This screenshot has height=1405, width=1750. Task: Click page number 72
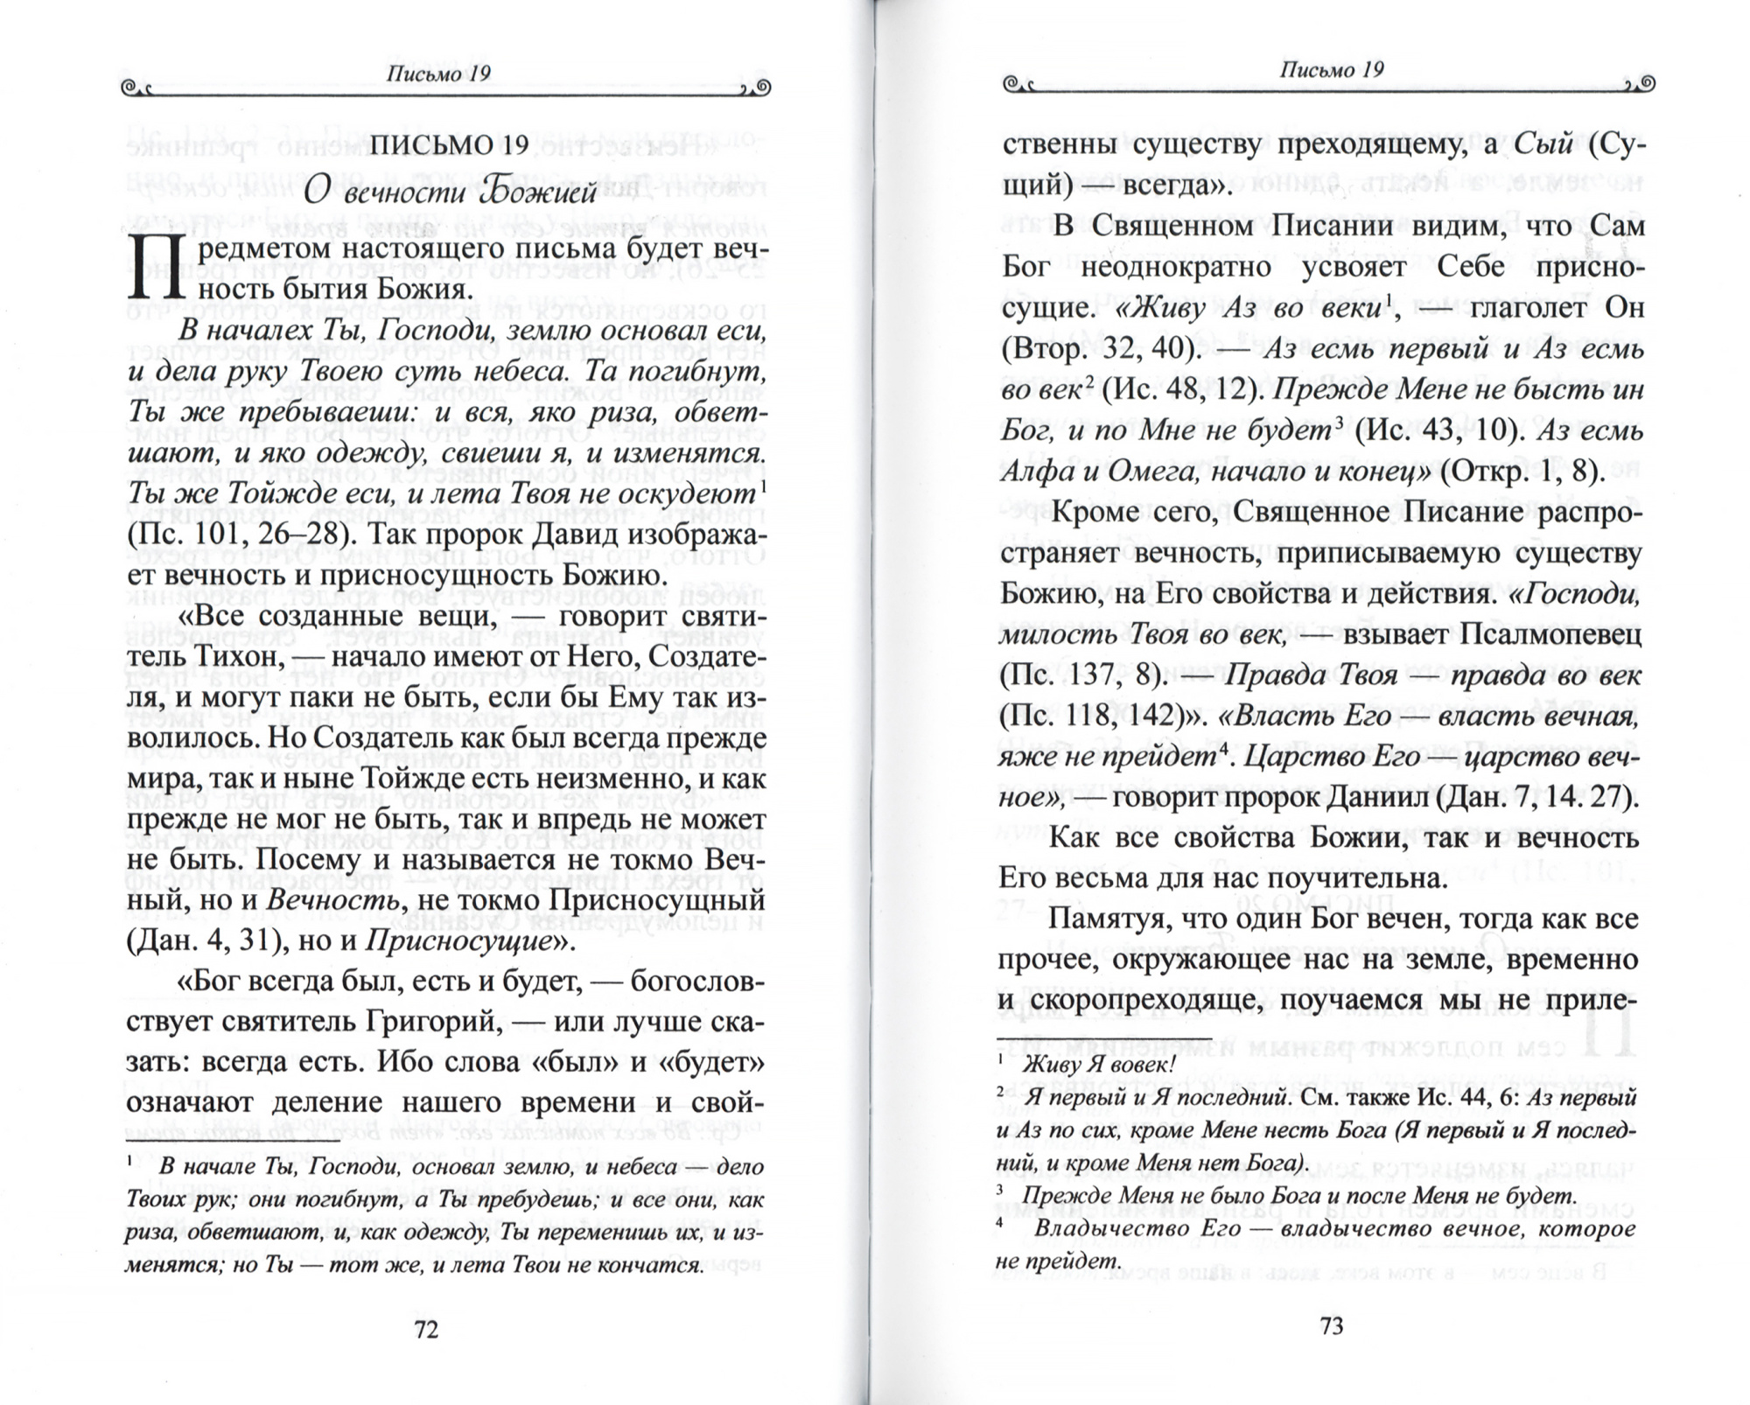click(x=425, y=1331)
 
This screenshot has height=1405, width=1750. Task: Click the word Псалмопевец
click(x=1550, y=634)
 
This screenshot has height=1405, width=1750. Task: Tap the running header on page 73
click(x=1331, y=70)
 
